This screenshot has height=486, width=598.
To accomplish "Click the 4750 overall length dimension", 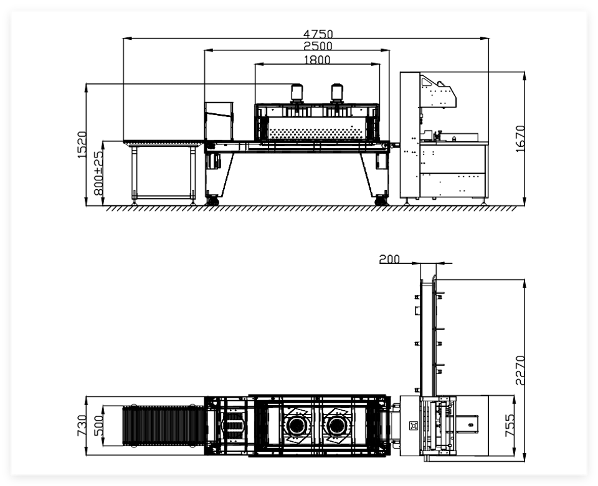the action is tap(318, 34).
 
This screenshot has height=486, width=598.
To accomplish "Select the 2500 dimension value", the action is tap(318, 46).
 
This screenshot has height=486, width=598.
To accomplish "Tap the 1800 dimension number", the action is tap(317, 60).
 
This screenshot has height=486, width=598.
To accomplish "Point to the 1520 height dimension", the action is tap(82, 145).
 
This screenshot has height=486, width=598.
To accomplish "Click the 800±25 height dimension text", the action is tap(98, 173).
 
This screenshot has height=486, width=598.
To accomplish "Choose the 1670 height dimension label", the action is tap(520, 139).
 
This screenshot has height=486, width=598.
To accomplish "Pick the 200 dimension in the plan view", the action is tap(389, 259).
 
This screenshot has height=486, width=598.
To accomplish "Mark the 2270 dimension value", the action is tap(520, 370).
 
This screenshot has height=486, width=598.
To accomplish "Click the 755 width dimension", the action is tap(510, 426).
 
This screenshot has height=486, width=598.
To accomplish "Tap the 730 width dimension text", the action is tap(82, 426).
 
